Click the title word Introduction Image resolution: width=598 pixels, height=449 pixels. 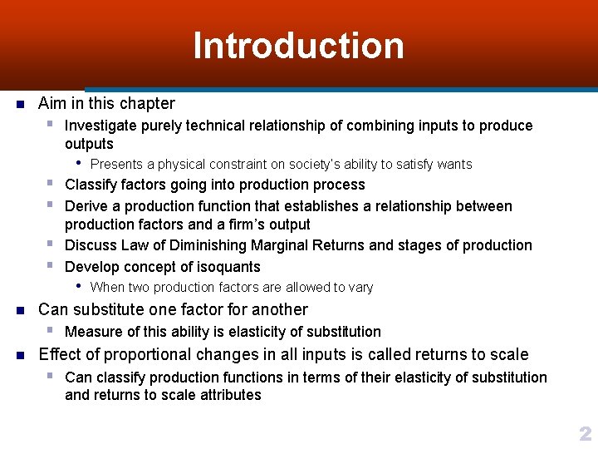point(298,46)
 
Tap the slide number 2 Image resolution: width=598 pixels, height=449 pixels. point(585,433)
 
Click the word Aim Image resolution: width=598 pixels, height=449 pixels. point(52,104)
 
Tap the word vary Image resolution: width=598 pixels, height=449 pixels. point(360,288)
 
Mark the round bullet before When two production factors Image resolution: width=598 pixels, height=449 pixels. point(78,287)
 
